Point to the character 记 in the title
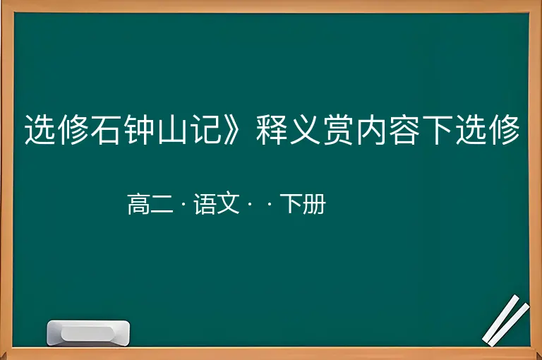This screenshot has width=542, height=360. point(206,130)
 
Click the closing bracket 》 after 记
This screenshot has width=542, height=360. point(231,130)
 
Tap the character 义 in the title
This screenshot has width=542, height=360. point(305,130)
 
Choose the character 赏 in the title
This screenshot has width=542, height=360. point(338,130)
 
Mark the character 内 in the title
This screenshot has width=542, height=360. point(371,130)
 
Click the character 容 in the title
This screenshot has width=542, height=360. point(404,130)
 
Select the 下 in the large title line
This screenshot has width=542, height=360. point(438,130)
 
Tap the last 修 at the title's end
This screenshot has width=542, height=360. point(505,130)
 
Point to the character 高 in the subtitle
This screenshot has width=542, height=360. point(138,204)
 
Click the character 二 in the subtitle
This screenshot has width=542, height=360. point(162,205)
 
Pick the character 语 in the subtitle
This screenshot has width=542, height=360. point(205,204)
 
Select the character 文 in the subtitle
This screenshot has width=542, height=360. point(228,204)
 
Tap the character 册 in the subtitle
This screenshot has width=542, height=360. point(314,204)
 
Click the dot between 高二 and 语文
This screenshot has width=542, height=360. point(183,205)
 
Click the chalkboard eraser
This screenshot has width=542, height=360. point(88,333)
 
